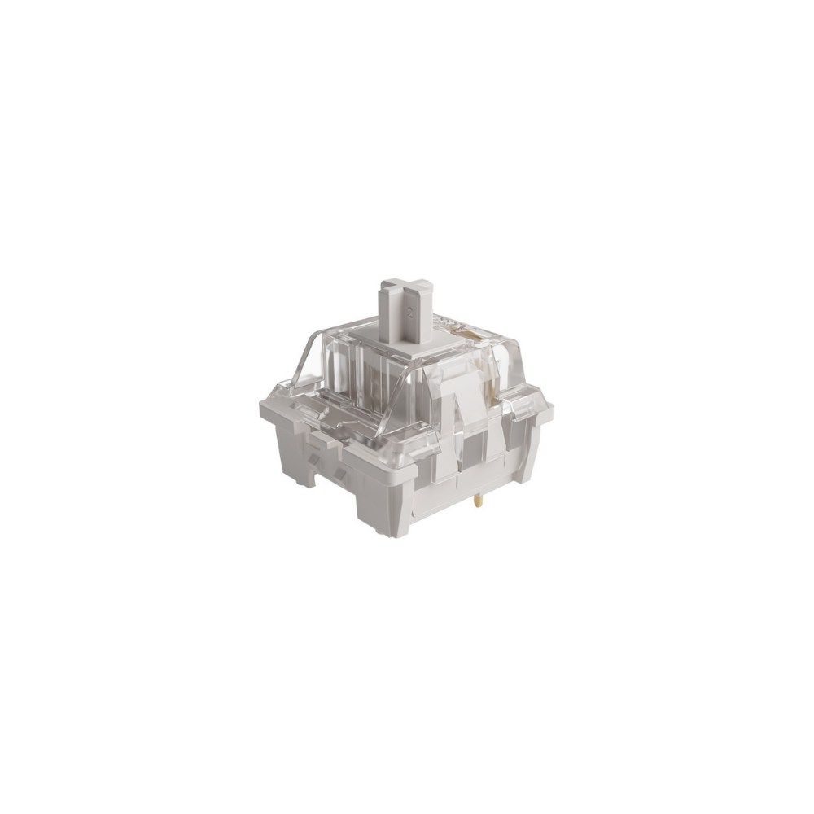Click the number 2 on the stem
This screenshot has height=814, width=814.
pyautogui.click(x=410, y=313)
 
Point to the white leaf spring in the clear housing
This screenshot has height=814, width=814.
pyautogui.click(x=470, y=409)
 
